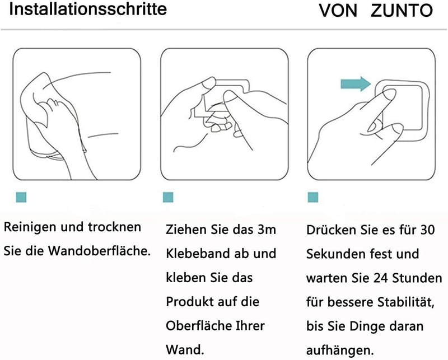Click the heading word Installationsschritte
click(88, 9)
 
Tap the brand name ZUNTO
click(402, 11)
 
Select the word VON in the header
click(338, 11)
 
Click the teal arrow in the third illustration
click(356, 84)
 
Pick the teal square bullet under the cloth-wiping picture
click(21, 198)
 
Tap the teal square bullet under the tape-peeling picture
click(168, 198)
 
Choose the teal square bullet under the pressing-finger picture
click(313, 198)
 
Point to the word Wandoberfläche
click(99, 251)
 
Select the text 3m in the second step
click(267, 230)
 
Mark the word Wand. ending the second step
click(185, 350)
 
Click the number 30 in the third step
click(427, 230)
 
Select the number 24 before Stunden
click(381, 278)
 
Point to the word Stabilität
click(406, 302)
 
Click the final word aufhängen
click(340, 350)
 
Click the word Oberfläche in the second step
click(199, 326)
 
